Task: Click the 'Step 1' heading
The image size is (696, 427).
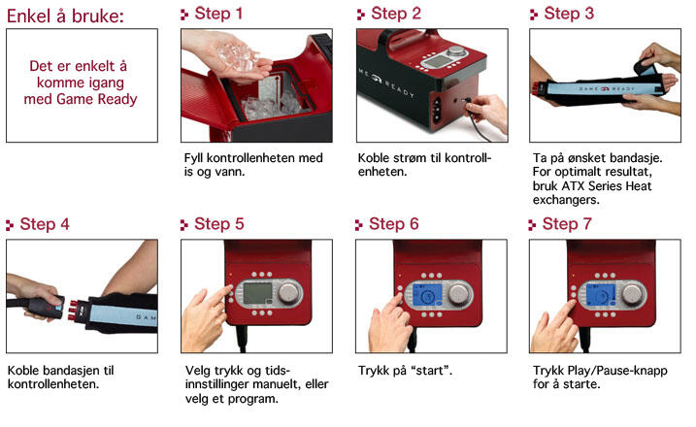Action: point(217,14)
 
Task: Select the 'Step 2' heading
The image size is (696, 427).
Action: point(393,14)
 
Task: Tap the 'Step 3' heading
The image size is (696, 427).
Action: point(567,14)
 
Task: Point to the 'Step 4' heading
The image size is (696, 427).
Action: point(44,223)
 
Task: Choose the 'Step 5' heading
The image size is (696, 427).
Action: point(217,223)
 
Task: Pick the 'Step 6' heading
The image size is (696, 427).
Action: point(393,223)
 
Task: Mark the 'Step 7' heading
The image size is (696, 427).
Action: point(567,223)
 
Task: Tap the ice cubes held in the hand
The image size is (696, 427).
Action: point(237,57)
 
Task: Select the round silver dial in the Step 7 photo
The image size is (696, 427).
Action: point(633,294)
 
